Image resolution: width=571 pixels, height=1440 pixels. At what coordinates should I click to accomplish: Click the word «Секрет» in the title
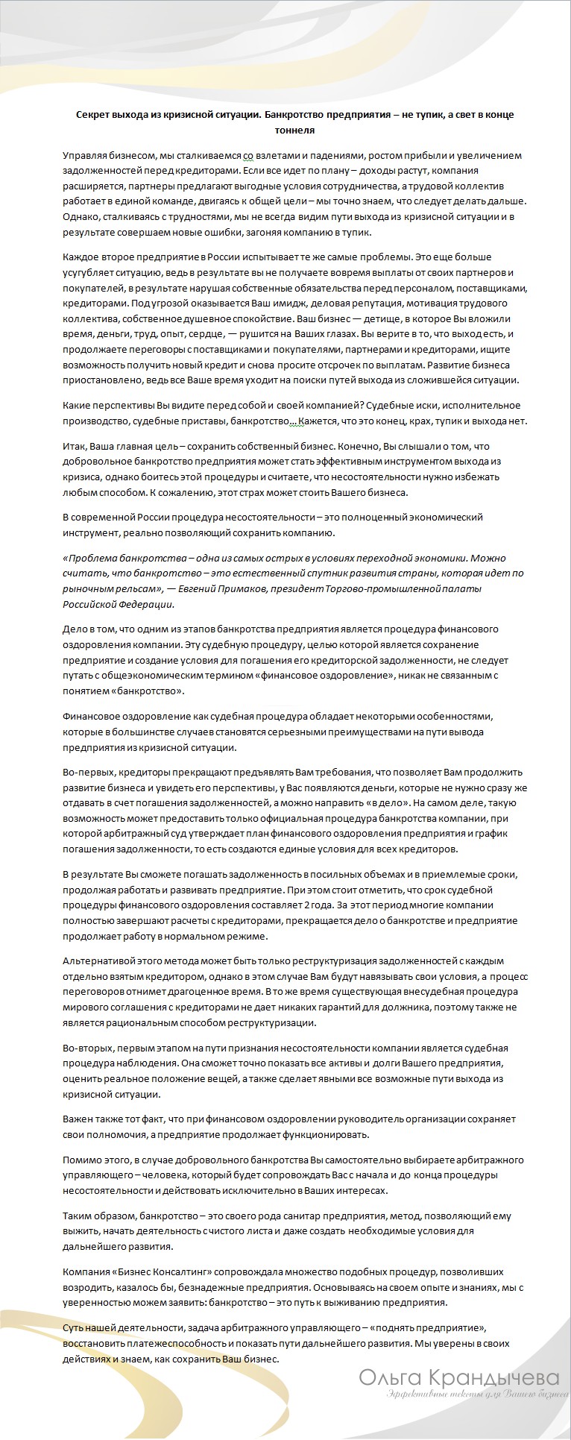pos(92,115)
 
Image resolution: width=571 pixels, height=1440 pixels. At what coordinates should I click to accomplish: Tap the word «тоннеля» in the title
pos(294,131)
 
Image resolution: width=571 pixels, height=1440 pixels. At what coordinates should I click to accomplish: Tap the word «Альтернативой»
pos(98,960)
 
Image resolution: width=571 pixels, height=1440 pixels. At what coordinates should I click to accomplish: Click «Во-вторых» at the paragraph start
pos(86,1048)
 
